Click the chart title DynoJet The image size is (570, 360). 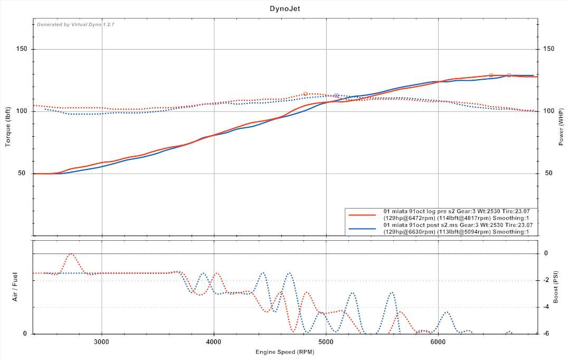[x=284, y=8]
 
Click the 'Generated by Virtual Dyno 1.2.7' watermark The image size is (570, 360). [x=68, y=24]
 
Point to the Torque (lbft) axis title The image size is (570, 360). [x=8, y=127]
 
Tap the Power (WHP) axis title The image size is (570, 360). [x=562, y=127]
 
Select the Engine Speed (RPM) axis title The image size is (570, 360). [x=284, y=352]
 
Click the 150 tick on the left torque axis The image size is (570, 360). [x=22, y=49]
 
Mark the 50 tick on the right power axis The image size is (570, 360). [x=549, y=173]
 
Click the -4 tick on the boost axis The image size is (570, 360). [x=546, y=307]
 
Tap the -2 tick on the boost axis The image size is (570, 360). [x=546, y=280]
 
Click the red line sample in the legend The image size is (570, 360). [x=362, y=214]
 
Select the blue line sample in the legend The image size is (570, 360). [x=362, y=229]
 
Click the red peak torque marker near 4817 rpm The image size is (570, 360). [x=306, y=93]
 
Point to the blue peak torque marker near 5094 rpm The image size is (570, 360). [x=336, y=96]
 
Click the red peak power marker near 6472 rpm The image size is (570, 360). [x=491, y=75]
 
